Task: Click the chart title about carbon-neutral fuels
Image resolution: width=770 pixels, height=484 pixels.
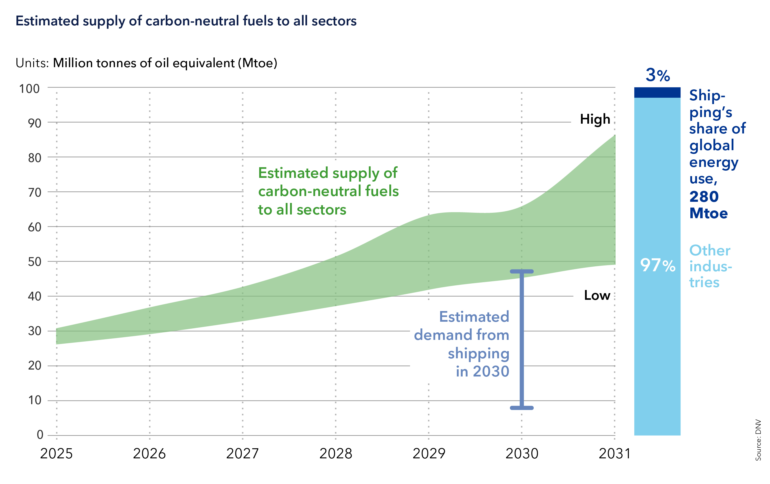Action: [186, 21]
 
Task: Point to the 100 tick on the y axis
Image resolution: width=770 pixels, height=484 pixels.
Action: [29, 88]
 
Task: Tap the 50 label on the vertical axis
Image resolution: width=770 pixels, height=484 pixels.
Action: [35, 262]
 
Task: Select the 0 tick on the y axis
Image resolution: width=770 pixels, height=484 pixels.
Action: [40, 434]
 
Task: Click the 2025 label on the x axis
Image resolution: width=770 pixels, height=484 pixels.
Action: [56, 454]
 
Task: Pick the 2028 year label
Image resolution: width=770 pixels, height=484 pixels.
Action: [335, 454]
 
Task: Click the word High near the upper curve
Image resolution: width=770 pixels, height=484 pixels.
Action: [595, 119]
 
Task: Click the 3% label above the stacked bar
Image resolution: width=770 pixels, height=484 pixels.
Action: [657, 76]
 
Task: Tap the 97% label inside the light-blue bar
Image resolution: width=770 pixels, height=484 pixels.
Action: [657, 265]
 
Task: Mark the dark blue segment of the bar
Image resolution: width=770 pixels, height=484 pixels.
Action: [657, 92]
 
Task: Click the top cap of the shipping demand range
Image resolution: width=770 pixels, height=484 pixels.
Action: [522, 272]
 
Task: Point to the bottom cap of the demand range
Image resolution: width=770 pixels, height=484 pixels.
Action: [522, 408]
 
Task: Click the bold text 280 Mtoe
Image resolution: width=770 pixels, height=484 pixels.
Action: [708, 205]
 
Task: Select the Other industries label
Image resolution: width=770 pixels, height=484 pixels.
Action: [710, 266]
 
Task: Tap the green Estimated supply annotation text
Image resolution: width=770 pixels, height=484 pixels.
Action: [328, 191]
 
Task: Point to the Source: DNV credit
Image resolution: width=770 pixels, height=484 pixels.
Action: [758, 440]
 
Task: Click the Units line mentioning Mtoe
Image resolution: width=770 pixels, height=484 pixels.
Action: [146, 63]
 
